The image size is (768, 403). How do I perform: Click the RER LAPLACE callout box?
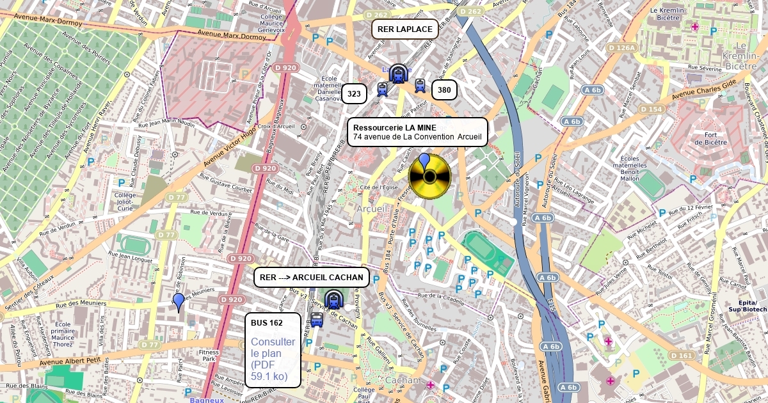pos(404,29)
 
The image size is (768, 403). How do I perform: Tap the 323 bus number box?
pos(354,94)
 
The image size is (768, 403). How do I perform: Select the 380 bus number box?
pos(444,90)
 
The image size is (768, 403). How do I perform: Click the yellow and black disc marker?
pos(429,177)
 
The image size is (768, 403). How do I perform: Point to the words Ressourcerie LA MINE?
pos(394,128)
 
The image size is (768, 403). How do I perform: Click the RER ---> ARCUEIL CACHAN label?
pos(312,278)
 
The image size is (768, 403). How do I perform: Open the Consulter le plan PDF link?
pos(273,359)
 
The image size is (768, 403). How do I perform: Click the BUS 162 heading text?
pos(267,323)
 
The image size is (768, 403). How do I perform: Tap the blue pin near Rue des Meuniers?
pos(179,301)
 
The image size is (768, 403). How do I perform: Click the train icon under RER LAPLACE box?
pos(398,74)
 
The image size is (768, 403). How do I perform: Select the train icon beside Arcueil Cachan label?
pos(333,299)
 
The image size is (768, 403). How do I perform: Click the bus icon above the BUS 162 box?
pos(317,319)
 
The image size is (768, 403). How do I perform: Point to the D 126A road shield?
pos(621,48)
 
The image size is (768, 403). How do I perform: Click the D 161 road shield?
pos(682,355)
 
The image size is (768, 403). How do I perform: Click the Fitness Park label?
pos(209,356)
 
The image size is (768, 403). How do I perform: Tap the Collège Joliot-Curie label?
pos(125,201)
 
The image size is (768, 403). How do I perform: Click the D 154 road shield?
pos(652,109)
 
